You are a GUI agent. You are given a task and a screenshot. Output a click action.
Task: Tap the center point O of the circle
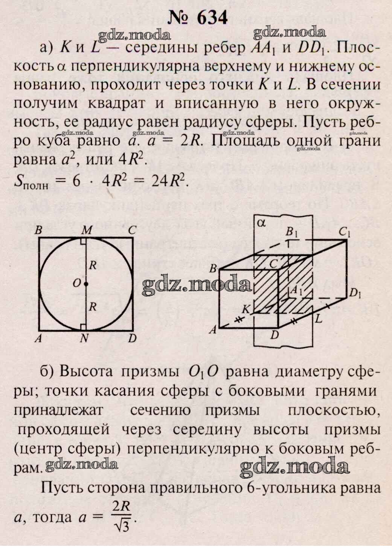tap(86, 284)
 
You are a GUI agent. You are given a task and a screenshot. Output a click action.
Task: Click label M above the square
tap(86, 230)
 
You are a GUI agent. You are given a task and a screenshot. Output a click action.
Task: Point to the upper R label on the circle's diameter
tap(93, 265)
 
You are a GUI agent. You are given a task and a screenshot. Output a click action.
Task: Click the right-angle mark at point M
tap(84, 241)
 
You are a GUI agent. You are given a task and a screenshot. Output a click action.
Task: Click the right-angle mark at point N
tap(84, 327)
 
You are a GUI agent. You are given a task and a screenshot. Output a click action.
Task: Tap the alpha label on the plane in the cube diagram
tap(261, 223)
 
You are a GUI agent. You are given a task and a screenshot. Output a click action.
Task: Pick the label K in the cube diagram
tap(246, 309)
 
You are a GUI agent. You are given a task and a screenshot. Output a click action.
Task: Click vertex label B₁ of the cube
tap(291, 232)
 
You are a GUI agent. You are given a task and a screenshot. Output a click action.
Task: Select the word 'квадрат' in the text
tap(116, 104)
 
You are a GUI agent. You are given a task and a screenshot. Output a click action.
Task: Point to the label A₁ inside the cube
tap(296, 291)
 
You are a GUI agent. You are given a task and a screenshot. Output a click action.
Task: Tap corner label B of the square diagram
tap(38, 230)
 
